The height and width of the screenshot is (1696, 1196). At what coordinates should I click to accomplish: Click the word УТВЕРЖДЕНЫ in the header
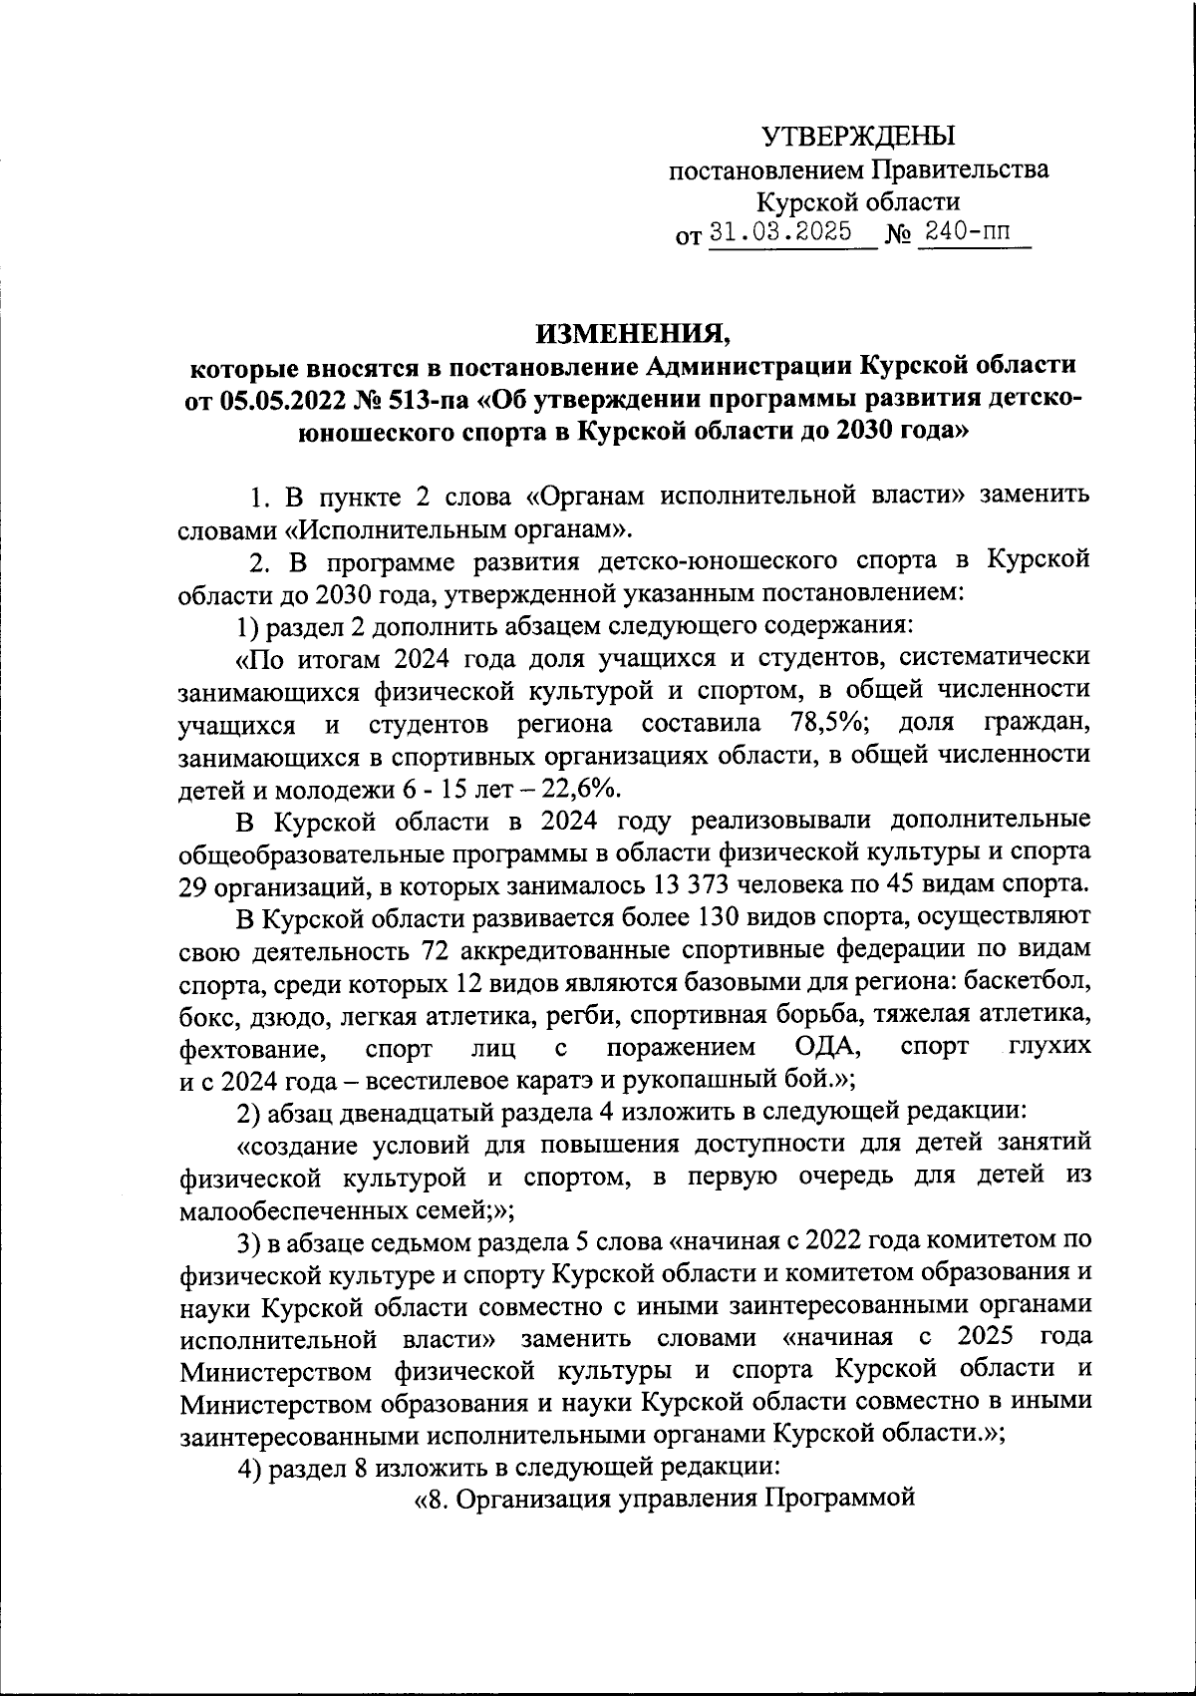[858, 136]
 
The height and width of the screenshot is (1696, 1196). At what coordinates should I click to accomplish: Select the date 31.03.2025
[779, 232]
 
